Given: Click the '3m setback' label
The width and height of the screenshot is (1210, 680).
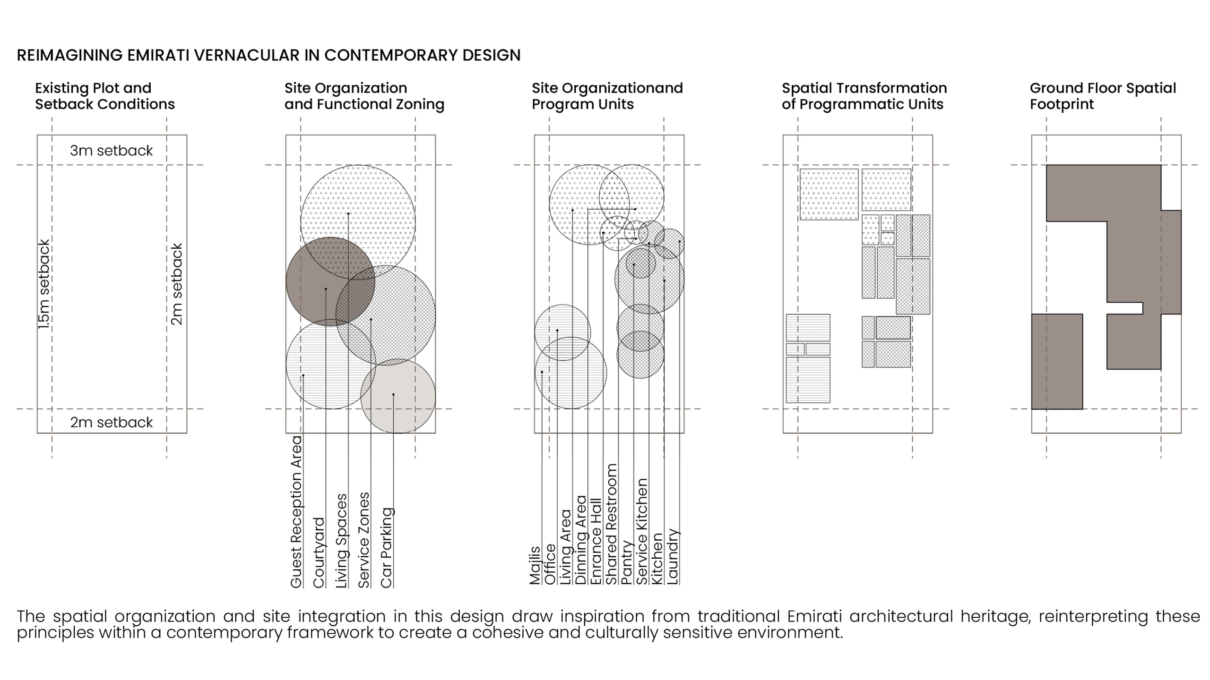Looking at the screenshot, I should coord(111,151).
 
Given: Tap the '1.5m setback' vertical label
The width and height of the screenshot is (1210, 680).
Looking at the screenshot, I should coord(44,284).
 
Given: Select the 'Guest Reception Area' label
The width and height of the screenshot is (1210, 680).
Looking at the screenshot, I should coord(296,511).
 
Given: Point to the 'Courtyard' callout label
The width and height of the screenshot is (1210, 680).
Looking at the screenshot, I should coord(319,552).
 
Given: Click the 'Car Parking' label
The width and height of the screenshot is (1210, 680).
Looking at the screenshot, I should coord(387,548).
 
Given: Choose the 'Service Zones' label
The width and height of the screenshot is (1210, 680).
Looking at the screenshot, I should coord(364,540).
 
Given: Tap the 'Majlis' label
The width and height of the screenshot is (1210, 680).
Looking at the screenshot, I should coord(535,565).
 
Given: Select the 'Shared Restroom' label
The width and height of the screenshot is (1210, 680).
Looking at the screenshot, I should coord(611,524).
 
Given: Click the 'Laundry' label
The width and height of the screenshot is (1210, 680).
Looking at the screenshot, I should coord(672,556).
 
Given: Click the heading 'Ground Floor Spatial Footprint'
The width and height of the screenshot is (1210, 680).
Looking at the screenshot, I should coord(1102,96).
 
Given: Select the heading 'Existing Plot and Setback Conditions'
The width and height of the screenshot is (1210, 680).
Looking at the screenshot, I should coord(104,96).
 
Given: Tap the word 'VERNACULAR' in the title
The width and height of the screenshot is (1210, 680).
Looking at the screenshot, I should coord(247,55).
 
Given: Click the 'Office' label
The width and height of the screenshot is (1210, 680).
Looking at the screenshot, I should coord(550,564).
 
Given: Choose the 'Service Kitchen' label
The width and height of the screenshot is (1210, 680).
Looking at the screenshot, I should coord(642,532).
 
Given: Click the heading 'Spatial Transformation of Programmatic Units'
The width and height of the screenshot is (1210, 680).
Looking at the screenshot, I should coord(864,96).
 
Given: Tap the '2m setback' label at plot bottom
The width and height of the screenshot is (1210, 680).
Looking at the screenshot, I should coord(111,422).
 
